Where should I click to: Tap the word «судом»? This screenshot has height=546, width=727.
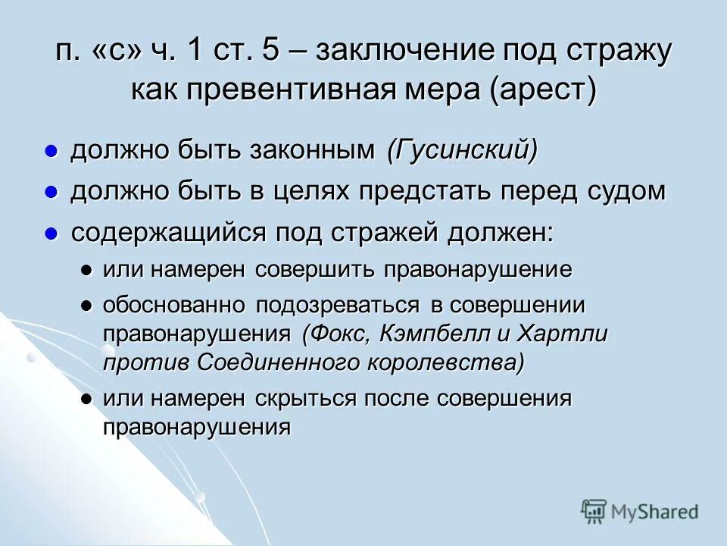[x=626, y=191]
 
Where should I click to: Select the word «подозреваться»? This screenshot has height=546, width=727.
[x=337, y=306]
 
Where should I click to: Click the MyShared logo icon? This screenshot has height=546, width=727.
[x=594, y=511]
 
